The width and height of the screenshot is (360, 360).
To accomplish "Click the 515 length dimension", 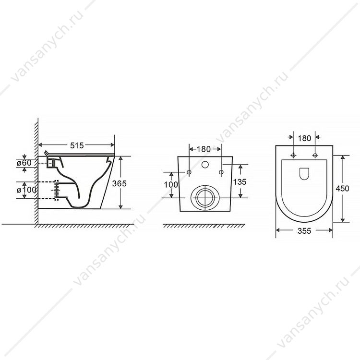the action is (x=77, y=145).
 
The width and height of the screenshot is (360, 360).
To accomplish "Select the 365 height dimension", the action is (x=120, y=183).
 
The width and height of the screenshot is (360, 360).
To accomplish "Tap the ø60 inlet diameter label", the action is (x=24, y=163).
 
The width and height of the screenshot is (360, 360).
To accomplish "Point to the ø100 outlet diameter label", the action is (x=26, y=190).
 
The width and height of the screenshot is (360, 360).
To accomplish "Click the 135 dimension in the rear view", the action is (x=240, y=182).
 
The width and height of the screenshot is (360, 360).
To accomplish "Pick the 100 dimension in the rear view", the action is (x=171, y=184).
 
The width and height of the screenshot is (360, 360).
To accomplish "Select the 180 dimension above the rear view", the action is (x=204, y=149).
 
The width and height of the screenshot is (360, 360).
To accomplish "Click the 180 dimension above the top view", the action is (x=304, y=138).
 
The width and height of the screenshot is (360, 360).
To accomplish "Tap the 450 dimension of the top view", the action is (x=342, y=189).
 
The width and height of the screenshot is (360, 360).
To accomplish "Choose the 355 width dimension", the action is (x=304, y=231).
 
